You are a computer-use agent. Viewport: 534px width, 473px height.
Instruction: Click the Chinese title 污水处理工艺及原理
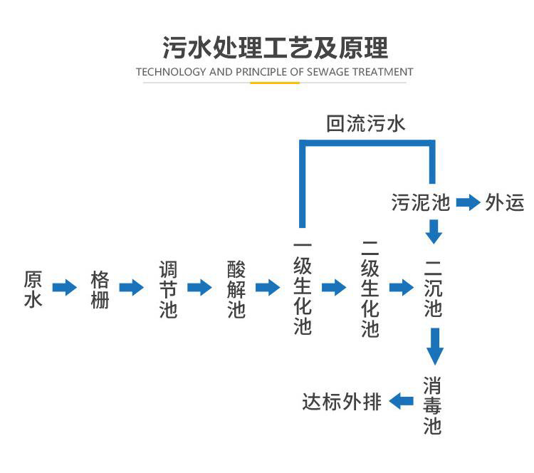tap(275, 47)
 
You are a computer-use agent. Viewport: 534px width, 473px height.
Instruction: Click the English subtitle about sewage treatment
tap(274, 72)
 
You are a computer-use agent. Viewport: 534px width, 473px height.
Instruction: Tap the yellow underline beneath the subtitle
tap(274, 83)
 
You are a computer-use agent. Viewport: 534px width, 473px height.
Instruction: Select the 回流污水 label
tap(365, 124)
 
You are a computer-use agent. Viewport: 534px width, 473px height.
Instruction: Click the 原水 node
tap(33, 288)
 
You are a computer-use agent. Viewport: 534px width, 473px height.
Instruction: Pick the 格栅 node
tap(100, 288)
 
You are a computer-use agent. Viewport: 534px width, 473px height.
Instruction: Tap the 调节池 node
tap(167, 288)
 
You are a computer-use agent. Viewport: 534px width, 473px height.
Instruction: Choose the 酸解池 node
tap(236, 288)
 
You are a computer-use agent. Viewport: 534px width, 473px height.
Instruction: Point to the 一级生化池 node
tap(303, 288)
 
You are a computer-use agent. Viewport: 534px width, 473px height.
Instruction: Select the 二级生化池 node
tap(370, 288)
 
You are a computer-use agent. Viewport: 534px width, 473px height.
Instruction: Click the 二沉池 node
tap(433, 288)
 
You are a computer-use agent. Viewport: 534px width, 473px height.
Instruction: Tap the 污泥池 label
tap(420, 202)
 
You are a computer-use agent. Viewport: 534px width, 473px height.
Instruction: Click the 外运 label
tap(505, 202)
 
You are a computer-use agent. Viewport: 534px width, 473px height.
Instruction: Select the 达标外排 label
tap(342, 402)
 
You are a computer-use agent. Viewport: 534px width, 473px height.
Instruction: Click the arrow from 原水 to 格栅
tap(66, 288)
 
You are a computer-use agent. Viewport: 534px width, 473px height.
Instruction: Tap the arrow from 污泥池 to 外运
tap(468, 202)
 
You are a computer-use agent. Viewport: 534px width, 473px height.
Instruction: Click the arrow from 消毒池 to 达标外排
tap(401, 402)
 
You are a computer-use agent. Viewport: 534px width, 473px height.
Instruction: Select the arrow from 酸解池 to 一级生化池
tap(268, 288)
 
